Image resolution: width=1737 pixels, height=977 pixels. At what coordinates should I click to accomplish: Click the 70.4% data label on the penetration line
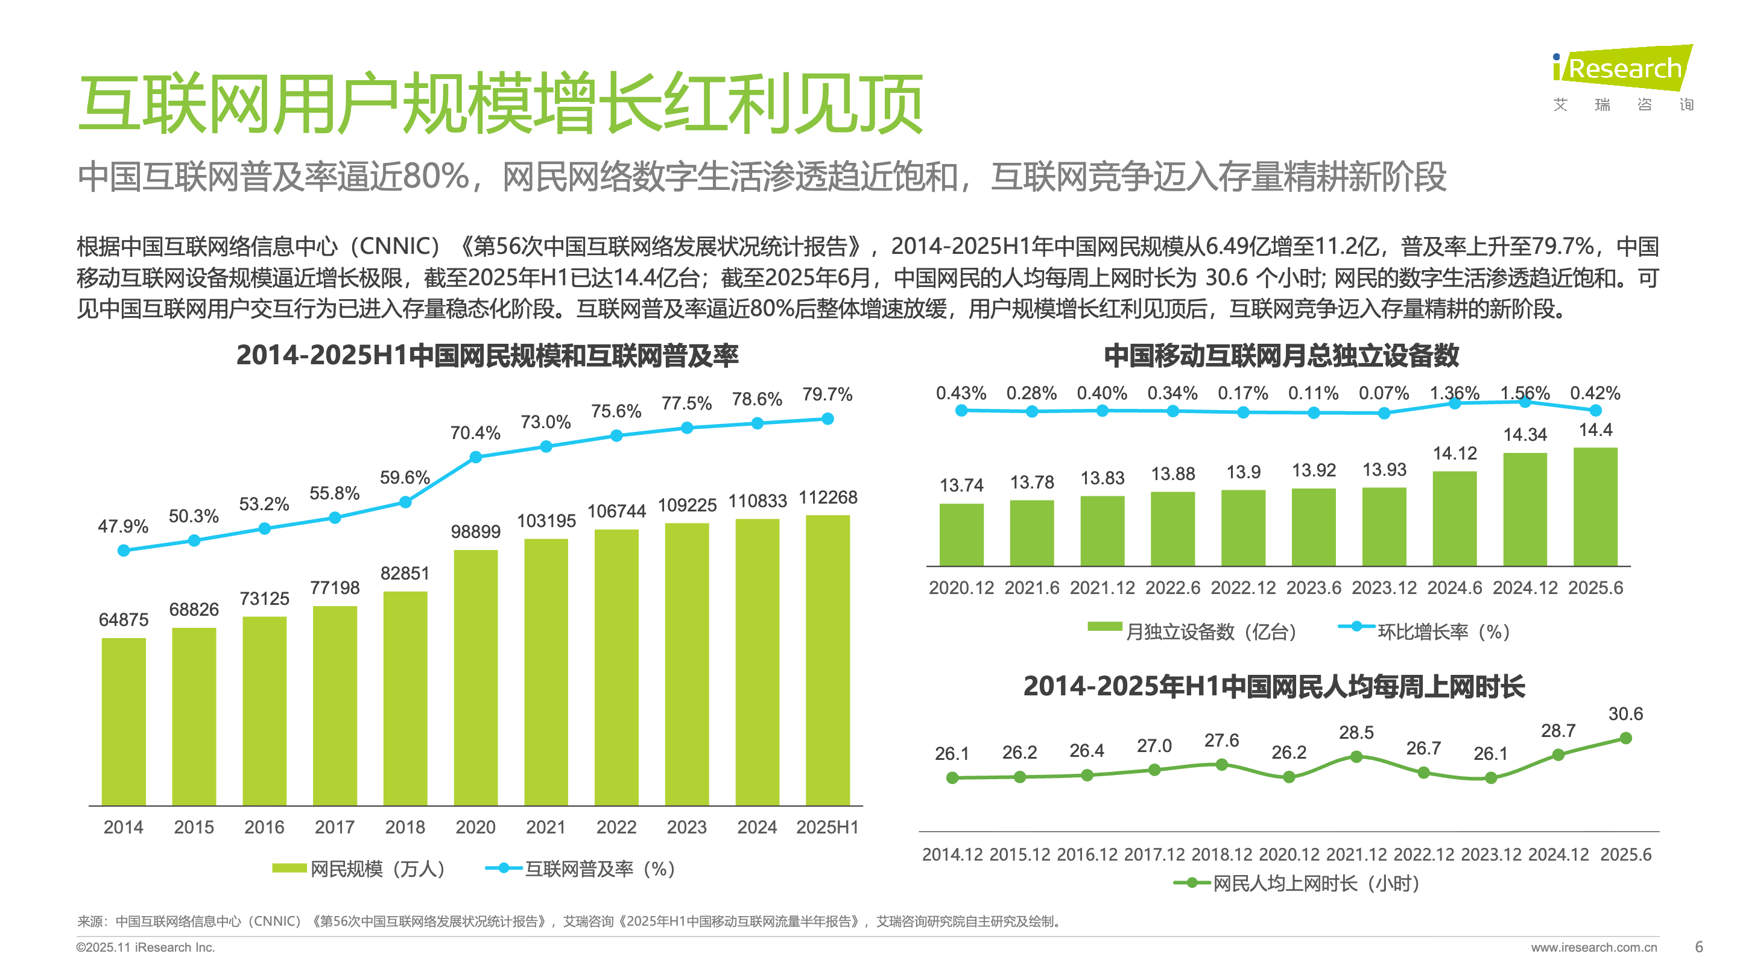coord(475,433)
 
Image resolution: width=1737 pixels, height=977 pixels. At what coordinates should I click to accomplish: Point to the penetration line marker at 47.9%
coord(124,550)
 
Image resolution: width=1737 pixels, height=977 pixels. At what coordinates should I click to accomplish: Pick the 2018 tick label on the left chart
coord(405,827)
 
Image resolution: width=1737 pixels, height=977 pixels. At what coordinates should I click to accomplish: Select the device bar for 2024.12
coord(1525,509)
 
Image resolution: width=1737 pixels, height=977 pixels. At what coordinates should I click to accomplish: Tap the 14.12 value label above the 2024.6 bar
coord(1455,453)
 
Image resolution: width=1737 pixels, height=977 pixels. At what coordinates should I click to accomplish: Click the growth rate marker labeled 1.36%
coord(1455,403)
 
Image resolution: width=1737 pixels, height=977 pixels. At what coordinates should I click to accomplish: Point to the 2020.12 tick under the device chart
coord(961,588)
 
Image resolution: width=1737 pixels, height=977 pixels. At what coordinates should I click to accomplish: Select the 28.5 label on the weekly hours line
coord(1356,732)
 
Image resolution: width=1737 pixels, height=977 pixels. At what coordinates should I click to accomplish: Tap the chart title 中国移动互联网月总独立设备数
coord(1280,355)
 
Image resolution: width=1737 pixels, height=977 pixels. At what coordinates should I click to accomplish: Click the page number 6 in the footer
coord(1698,947)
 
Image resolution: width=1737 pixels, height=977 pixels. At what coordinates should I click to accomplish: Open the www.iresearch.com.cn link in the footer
coord(1593,947)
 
